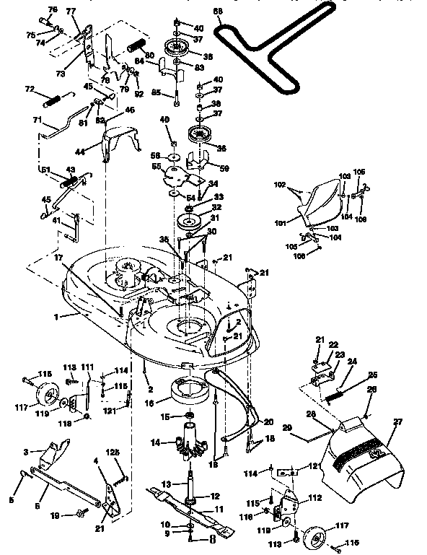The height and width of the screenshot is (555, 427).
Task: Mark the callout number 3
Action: coord(27,451)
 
